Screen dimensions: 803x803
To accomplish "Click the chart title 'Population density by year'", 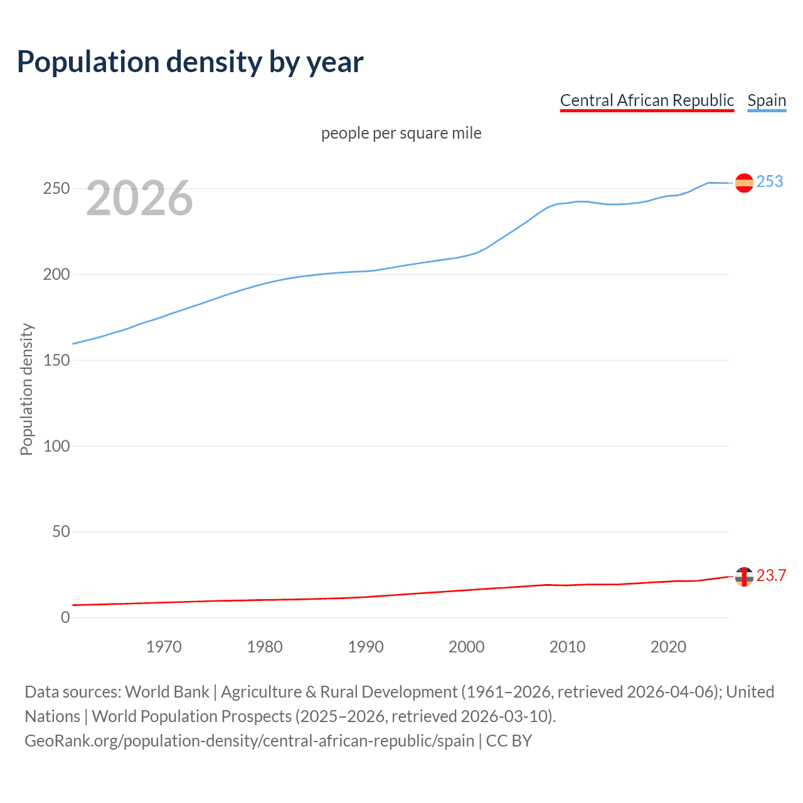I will tap(190, 62).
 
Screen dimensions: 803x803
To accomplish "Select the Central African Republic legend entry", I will tap(647, 100).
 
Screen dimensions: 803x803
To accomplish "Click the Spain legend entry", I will tap(767, 100).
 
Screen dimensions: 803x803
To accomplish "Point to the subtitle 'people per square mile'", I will tap(401, 133).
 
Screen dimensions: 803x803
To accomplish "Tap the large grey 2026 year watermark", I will tap(139, 198).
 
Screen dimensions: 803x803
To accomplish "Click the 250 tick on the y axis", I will tap(56, 189).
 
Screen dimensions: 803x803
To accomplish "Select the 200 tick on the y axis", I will tap(56, 275).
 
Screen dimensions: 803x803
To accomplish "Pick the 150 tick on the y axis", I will tap(56, 361).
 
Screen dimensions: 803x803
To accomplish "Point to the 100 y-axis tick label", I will tap(56, 446).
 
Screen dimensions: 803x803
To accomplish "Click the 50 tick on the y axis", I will tap(61, 532).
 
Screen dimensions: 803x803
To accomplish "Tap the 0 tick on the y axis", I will tap(65, 618).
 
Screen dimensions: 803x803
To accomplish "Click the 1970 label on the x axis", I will tap(164, 647).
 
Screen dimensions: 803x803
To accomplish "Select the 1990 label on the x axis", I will tap(366, 647).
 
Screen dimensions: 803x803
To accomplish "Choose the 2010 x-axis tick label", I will tap(567, 647).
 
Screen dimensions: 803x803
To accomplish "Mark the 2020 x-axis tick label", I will tap(668, 647).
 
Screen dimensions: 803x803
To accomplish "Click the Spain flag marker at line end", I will tap(744, 183).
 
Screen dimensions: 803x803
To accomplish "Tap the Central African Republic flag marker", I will tap(744, 577).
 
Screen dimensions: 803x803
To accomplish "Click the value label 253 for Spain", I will tap(770, 182).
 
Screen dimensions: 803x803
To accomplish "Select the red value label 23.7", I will tap(771, 576).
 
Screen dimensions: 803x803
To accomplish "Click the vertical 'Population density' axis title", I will tap(26, 389).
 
